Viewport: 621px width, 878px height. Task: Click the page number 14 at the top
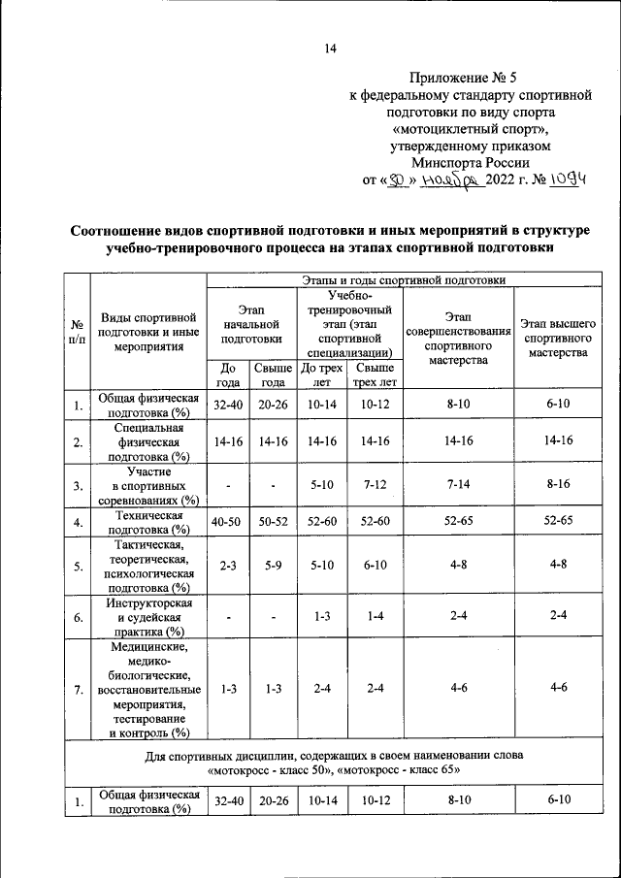pyautogui.click(x=329, y=49)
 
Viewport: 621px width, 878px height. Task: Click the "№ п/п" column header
pyautogui.click(x=76, y=333)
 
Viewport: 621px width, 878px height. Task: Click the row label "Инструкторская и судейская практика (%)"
pyautogui.click(x=148, y=616)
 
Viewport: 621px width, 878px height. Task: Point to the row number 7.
pyautogui.click(x=76, y=690)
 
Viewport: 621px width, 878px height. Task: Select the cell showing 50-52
pyautogui.click(x=273, y=522)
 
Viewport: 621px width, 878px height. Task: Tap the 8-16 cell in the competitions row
pyautogui.click(x=558, y=483)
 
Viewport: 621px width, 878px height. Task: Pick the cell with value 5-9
pyautogui.click(x=273, y=568)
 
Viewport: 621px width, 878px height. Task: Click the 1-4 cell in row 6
pyautogui.click(x=374, y=616)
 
